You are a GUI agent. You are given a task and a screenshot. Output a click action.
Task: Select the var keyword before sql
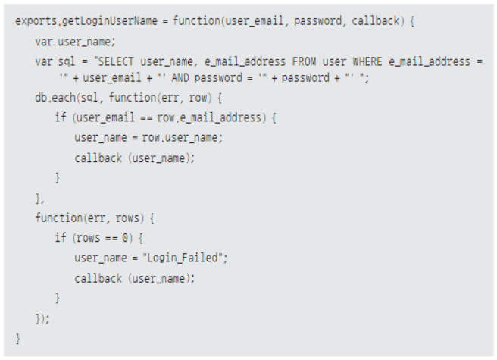tap(44, 61)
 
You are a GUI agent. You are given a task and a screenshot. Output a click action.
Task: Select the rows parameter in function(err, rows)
tap(130, 218)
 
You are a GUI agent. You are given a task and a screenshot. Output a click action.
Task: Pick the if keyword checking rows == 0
tap(60, 238)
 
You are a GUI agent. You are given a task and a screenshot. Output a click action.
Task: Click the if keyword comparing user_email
tap(60, 117)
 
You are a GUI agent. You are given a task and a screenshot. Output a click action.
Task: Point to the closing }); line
tap(42, 318)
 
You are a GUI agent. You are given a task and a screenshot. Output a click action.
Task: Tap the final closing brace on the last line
tap(18, 338)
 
